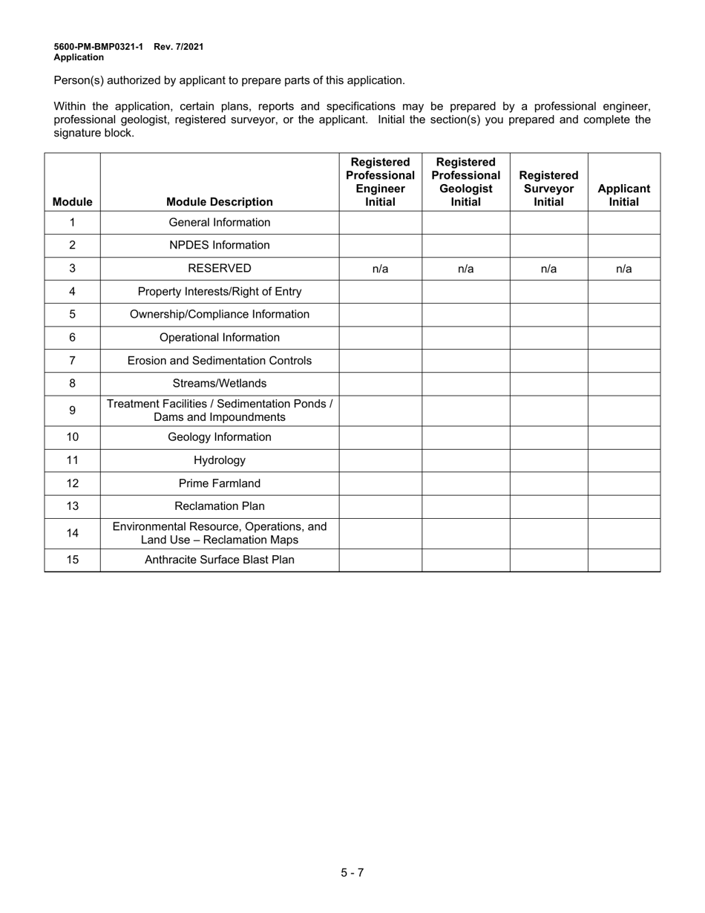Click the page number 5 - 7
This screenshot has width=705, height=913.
click(352, 872)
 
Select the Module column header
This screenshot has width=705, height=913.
click(72, 202)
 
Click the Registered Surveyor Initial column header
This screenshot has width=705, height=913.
click(548, 189)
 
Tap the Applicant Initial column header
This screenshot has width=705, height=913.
click(623, 195)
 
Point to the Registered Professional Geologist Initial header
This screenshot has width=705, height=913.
click(465, 182)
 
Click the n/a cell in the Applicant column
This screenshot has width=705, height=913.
click(623, 269)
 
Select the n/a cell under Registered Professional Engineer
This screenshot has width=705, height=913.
click(380, 269)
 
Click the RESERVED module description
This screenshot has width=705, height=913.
click(220, 269)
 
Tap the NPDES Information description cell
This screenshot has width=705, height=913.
click(220, 246)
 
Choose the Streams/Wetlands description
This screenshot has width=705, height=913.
click(220, 384)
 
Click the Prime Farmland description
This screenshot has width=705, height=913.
click(220, 484)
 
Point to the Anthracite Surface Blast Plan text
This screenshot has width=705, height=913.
click(220, 560)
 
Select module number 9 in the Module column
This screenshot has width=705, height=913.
click(72, 410)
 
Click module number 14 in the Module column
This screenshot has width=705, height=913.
click(72, 534)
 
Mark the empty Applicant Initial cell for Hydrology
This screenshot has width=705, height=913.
click(623, 461)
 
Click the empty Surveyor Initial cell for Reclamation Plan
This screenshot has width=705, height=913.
click(548, 507)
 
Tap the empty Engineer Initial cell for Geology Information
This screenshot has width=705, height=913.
click(380, 438)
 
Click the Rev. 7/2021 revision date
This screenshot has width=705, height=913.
click(179, 47)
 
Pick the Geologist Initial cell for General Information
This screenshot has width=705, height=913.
click(465, 223)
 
